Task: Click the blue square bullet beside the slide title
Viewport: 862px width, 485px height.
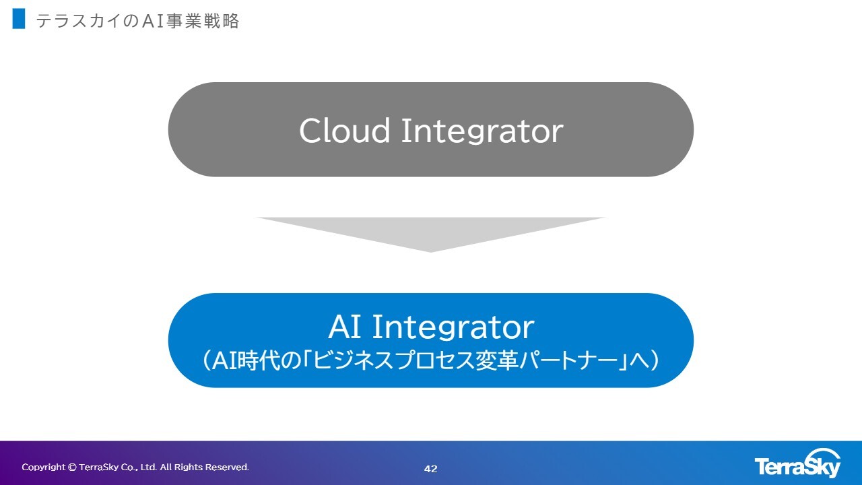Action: pyautogui.click(x=19, y=18)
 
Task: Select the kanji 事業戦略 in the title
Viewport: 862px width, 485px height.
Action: pyautogui.click(x=203, y=21)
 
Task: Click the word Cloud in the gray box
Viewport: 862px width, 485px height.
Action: pyautogui.click(x=345, y=131)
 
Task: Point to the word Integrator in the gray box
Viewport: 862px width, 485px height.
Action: pyautogui.click(x=482, y=131)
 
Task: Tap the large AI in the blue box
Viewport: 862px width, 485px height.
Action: pyautogui.click(x=345, y=327)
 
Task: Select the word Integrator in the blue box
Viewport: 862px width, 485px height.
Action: pyautogui.click(x=453, y=328)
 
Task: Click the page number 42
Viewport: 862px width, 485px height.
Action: pyautogui.click(x=430, y=468)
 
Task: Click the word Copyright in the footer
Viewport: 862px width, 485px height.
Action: pyautogui.click(x=44, y=467)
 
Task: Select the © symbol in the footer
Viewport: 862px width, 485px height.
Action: pyautogui.click(x=72, y=467)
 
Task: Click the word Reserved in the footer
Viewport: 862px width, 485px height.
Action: pyautogui.click(x=227, y=467)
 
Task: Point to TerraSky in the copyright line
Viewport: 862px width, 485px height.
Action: pyautogui.click(x=98, y=467)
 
